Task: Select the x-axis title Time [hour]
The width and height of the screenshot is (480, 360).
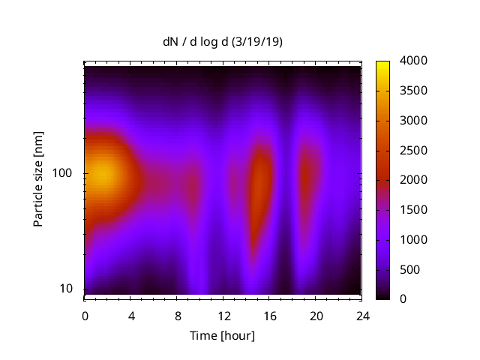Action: pyautogui.click(x=223, y=335)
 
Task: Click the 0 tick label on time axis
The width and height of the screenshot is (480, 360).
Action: pyautogui.click(x=85, y=316)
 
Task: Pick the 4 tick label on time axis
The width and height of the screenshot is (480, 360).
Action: pyautogui.click(x=131, y=316)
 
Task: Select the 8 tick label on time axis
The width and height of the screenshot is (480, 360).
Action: pyautogui.click(x=178, y=316)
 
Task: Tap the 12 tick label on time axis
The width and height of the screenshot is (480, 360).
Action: pyautogui.click(x=223, y=316)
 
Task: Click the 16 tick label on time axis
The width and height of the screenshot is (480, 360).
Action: pyautogui.click(x=270, y=316)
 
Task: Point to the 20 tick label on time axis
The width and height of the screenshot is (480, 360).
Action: pyautogui.click(x=316, y=316)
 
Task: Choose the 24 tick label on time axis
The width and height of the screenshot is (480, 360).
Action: pyautogui.click(x=362, y=316)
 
